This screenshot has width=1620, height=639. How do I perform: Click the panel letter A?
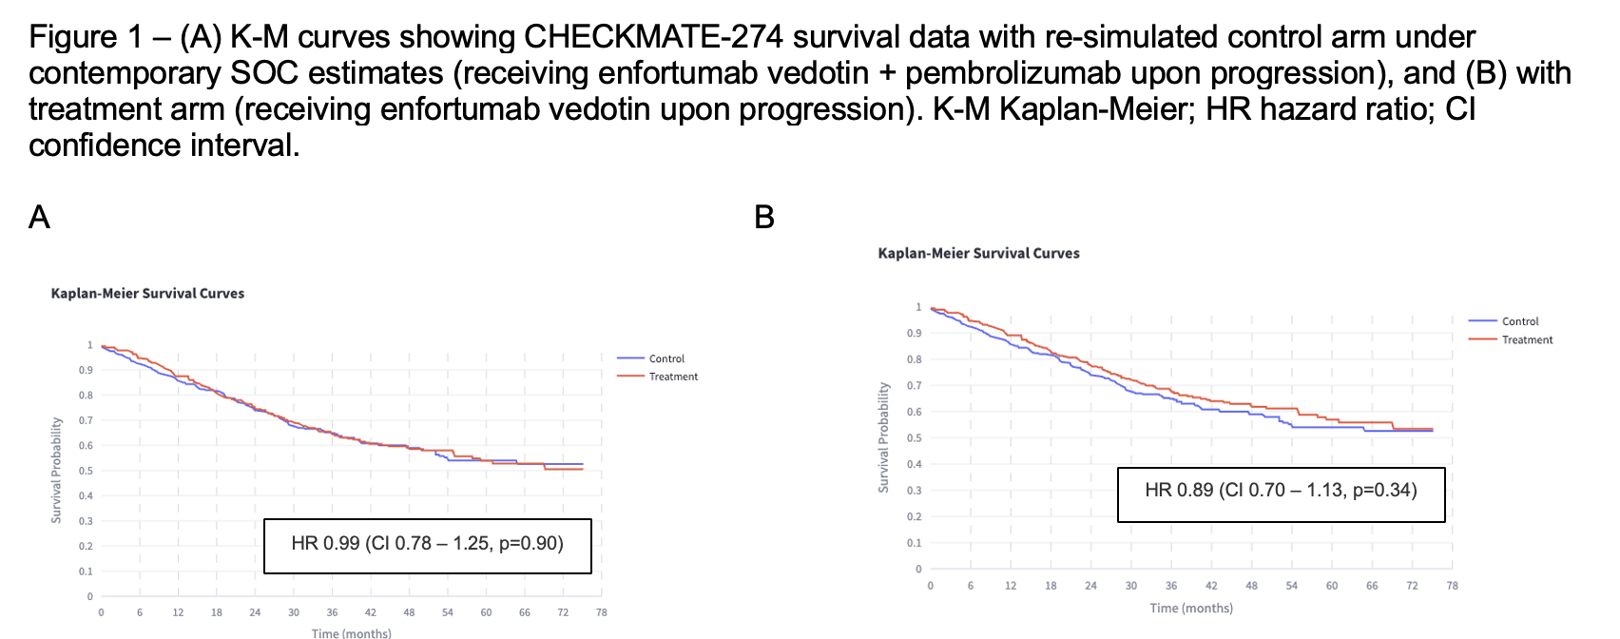click(x=39, y=218)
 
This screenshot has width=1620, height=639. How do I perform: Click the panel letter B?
click(x=764, y=218)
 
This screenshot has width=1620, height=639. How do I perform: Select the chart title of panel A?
click(x=147, y=294)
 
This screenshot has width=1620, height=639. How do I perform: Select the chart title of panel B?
click(x=978, y=254)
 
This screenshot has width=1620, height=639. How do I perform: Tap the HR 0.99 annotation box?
click(x=427, y=545)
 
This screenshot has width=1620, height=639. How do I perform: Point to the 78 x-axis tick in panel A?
click(x=601, y=612)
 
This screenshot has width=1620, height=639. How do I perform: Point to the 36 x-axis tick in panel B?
click(x=1171, y=586)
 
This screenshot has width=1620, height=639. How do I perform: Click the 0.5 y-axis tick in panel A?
click(x=86, y=471)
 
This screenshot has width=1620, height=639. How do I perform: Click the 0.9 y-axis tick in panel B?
click(x=915, y=334)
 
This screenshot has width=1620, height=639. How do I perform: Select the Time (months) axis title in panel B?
click(x=1191, y=609)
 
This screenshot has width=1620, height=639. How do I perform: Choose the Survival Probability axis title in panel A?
click(x=56, y=470)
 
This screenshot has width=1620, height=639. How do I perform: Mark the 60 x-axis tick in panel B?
click(x=1332, y=586)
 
